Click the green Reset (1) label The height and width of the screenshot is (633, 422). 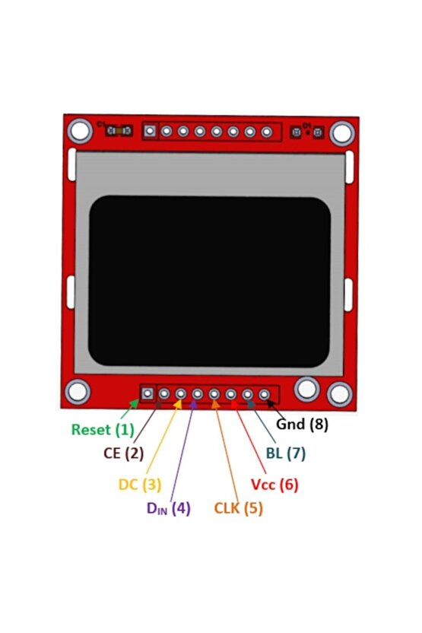tap(103, 429)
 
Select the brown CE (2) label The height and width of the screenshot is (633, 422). tap(123, 453)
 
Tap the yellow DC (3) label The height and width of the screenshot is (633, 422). tap(140, 484)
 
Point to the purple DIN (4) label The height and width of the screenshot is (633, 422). tap(168, 508)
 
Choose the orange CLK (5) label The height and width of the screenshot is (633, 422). tap(238, 508)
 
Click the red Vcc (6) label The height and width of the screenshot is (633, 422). tap(274, 484)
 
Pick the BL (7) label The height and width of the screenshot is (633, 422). tap(285, 453)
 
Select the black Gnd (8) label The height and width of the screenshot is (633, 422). tap(301, 424)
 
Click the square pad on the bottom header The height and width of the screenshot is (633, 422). tap(148, 394)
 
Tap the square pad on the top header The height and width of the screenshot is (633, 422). tap(150, 132)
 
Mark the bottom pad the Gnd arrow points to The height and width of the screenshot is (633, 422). tap(264, 394)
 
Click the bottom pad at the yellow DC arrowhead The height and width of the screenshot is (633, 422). tap(181, 394)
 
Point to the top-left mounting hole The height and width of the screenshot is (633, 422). tap(80, 131)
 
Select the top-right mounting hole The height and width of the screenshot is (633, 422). tap(341, 133)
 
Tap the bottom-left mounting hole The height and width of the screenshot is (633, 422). tap(78, 392)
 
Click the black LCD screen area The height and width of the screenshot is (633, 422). tap(210, 281)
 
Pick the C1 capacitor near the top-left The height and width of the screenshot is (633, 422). tap(118, 131)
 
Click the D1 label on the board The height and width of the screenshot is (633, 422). tap(306, 124)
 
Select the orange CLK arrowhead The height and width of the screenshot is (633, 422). tap(216, 403)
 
